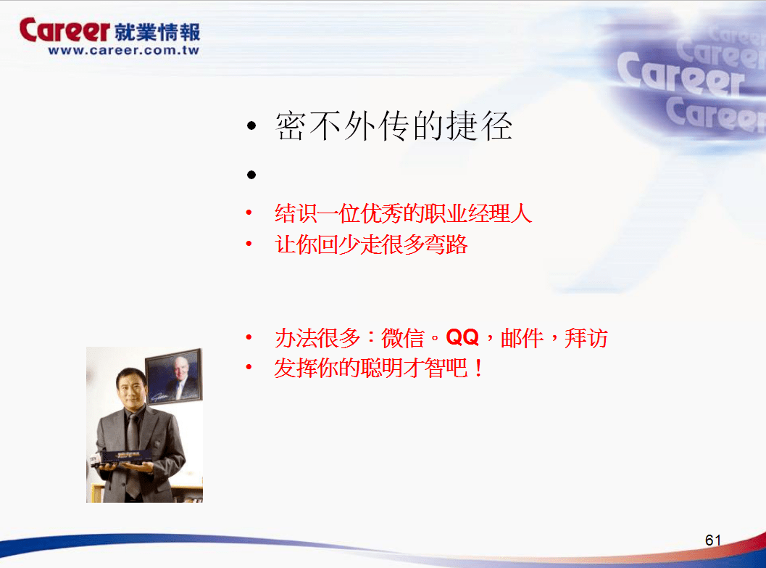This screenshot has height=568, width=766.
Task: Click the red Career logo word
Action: click(64, 30)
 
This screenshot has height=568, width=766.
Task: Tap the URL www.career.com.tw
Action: click(124, 50)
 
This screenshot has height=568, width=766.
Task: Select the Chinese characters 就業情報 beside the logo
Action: click(157, 32)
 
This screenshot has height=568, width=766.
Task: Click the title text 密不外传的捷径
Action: click(394, 125)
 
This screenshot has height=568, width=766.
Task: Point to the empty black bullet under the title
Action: click(251, 175)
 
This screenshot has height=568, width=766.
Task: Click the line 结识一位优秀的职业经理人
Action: click(403, 213)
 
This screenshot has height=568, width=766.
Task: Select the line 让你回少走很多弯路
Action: click(371, 244)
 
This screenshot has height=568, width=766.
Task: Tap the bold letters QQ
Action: click(462, 337)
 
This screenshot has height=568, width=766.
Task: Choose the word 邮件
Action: click(522, 338)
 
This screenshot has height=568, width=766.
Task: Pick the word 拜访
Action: click(586, 338)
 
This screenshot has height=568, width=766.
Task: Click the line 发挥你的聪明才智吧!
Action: click(378, 368)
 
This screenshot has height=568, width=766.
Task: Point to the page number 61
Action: click(713, 540)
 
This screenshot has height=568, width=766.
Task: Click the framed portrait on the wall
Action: click(174, 377)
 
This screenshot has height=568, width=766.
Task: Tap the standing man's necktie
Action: click(133, 455)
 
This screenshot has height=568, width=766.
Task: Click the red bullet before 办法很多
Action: click(249, 337)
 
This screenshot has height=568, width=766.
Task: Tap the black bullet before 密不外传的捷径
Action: click(251, 126)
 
